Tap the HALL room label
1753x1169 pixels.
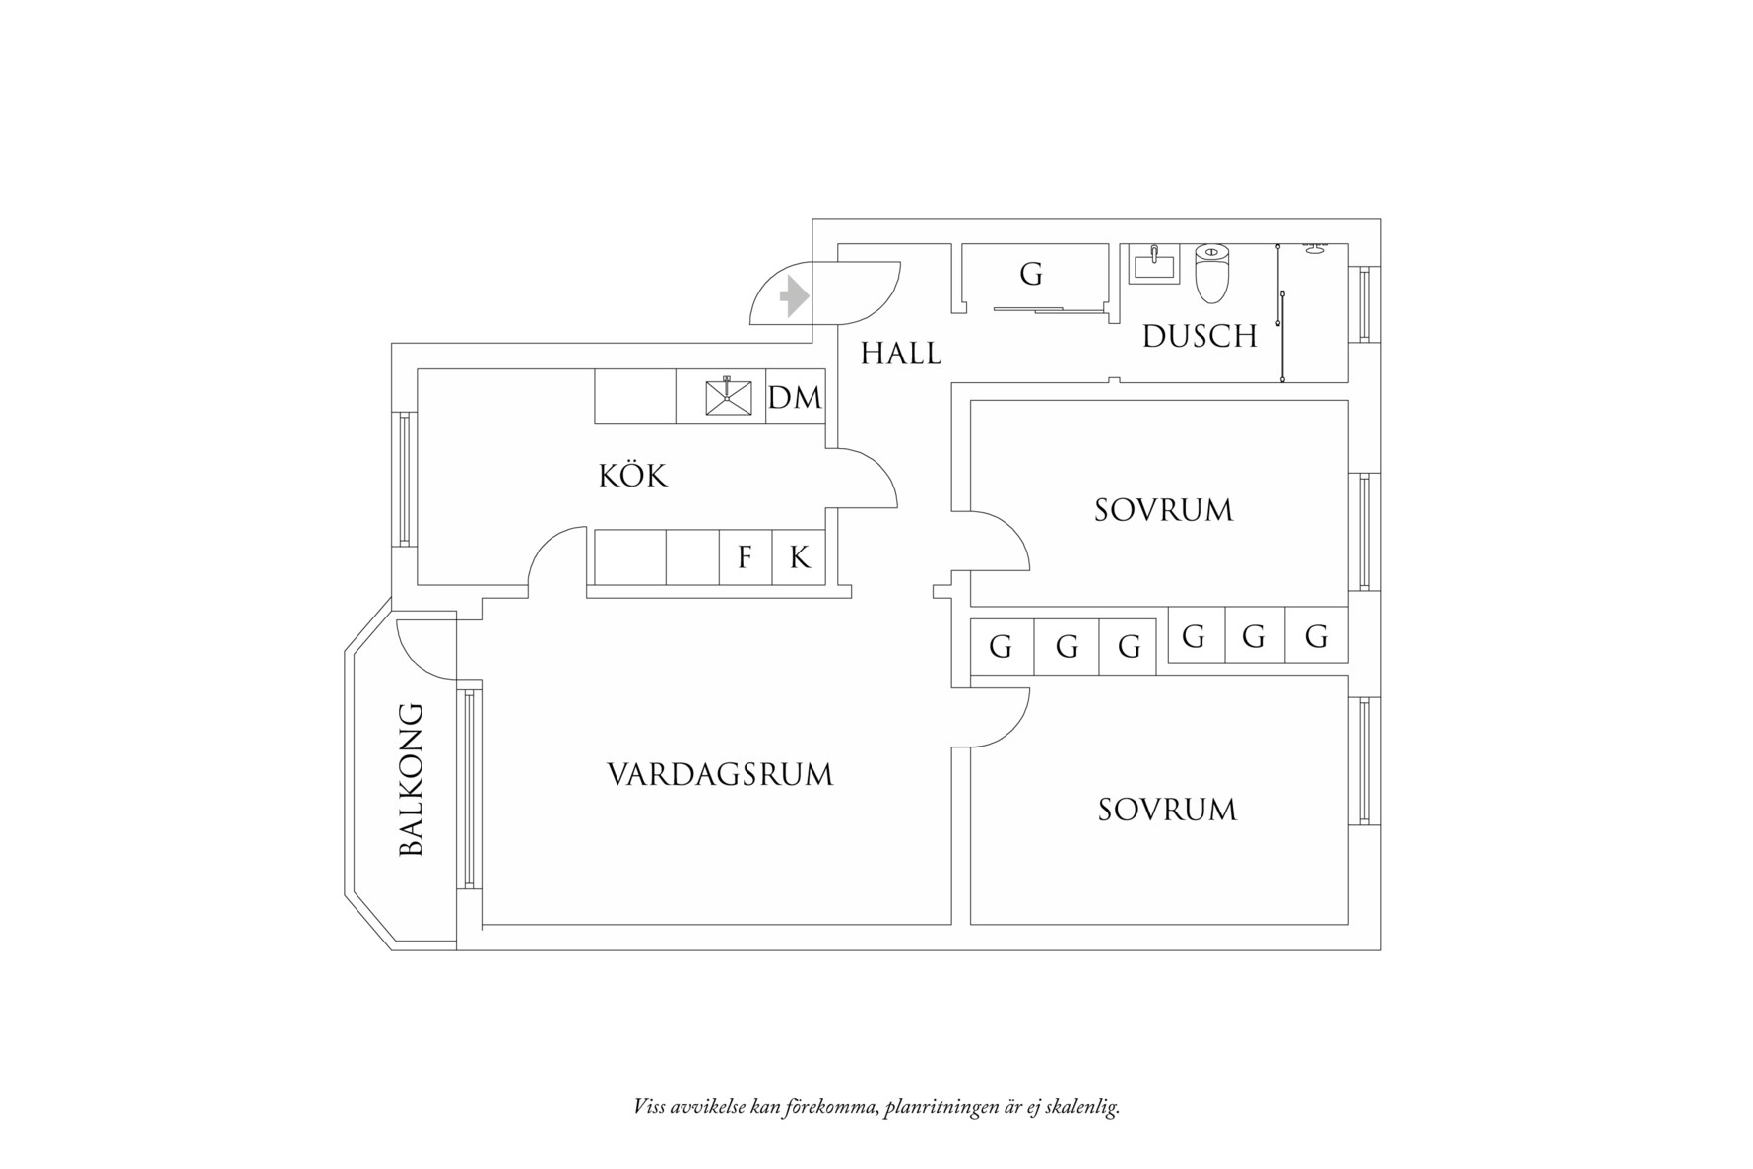pos(900,354)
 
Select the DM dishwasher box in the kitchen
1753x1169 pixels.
pos(795,398)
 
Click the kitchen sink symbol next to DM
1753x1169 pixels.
pos(729,397)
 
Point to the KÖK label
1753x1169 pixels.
pos(632,477)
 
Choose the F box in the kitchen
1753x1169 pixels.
pos(745,558)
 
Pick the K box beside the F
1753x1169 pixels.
pos(800,558)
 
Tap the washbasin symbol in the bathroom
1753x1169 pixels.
pos(1152,264)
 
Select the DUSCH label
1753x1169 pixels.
pos(1200,337)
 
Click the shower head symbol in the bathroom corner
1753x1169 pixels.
pos(1313,248)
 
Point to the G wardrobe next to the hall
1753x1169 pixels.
pos(1030,274)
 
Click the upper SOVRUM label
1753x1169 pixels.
pos(1163,510)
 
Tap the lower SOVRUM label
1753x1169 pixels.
pos(1167,810)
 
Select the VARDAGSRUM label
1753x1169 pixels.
pos(720,775)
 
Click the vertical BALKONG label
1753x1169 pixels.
pos(412,779)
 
